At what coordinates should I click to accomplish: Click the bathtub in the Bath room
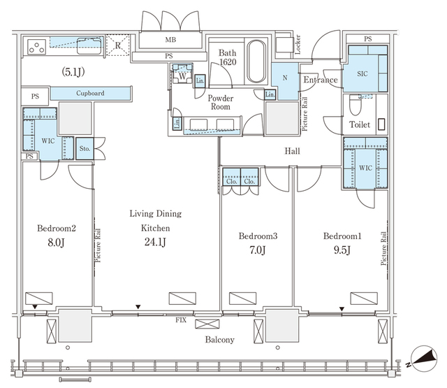(256, 62)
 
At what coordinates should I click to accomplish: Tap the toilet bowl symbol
(356, 104)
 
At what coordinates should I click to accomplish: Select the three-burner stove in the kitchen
(37, 47)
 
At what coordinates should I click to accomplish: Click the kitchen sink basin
(89, 45)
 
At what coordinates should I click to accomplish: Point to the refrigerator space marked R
(117, 45)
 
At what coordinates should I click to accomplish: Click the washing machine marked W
(182, 73)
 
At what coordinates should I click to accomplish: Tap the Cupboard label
(90, 93)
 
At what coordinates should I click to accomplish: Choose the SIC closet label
(362, 73)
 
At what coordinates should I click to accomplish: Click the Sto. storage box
(85, 149)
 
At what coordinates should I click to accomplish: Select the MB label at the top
(170, 40)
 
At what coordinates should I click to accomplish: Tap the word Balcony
(220, 340)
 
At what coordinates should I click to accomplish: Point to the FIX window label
(181, 320)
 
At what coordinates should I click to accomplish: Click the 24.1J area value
(155, 242)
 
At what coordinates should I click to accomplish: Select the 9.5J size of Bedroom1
(342, 250)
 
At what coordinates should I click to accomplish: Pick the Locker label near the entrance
(298, 45)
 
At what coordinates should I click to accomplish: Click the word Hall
(292, 151)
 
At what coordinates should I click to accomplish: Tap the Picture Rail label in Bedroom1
(383, 248)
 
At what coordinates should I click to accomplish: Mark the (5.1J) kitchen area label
(73, 72)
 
